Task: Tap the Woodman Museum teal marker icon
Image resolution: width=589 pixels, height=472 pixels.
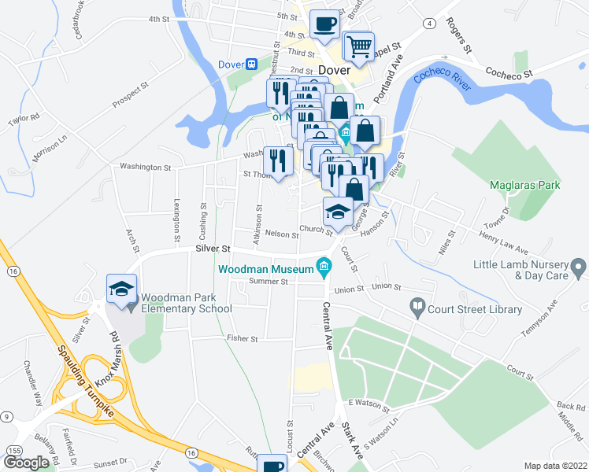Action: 323,267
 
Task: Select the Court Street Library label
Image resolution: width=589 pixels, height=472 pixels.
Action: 475,309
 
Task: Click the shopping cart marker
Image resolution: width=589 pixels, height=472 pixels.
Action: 359,46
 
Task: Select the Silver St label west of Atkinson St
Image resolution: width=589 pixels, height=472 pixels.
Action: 210,248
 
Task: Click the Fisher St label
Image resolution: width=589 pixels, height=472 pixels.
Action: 243,339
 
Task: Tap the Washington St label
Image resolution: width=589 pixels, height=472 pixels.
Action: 145,168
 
